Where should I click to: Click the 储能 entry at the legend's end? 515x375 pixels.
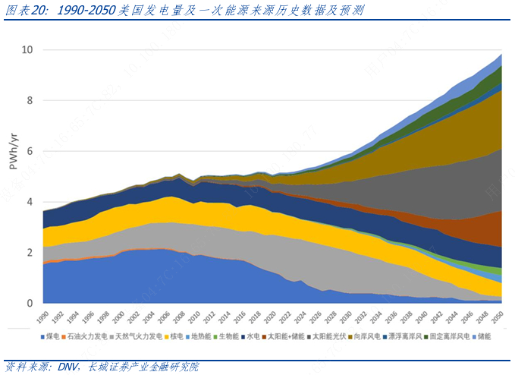[482, 335]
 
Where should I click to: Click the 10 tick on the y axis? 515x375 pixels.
[27, 50]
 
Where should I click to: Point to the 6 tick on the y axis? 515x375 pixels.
[30, 151]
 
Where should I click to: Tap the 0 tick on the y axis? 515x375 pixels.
[30, 304]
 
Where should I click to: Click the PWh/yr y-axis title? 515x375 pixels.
[13, 151]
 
